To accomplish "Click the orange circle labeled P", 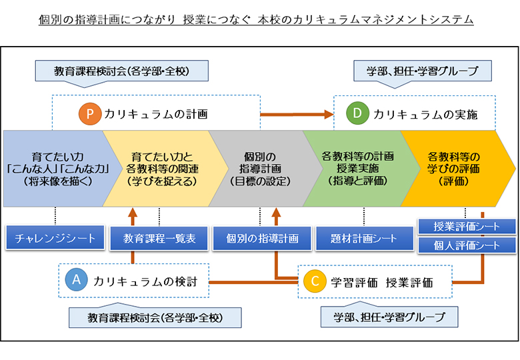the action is click(90, 114).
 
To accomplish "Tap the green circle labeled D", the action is click(357, 113).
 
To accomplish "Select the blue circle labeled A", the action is click(76, 280).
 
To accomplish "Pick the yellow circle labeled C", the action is click(315, 281).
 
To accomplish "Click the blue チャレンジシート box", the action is click(55, 238).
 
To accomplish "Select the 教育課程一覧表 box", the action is click(159, 239).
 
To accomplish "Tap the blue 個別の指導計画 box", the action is click(262, 239).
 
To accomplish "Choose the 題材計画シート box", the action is click(365, 239).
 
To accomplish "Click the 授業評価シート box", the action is click(467, 227).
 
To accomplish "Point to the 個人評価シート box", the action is click(467, 245).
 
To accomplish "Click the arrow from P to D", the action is click(297, 115).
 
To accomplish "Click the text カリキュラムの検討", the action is click(145, 281).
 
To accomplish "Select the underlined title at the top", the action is click(256, 19).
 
